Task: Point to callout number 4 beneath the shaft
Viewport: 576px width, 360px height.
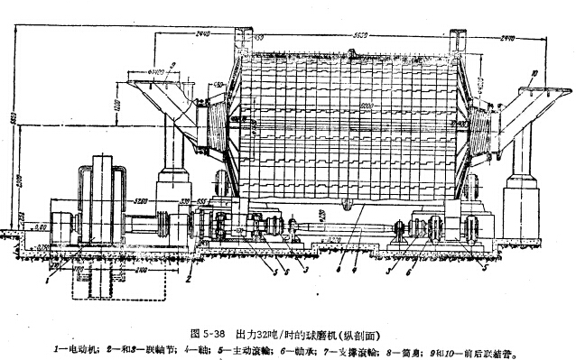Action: click(x=356, y=269)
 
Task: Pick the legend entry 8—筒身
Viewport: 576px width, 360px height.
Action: click(x=407, y=344)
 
